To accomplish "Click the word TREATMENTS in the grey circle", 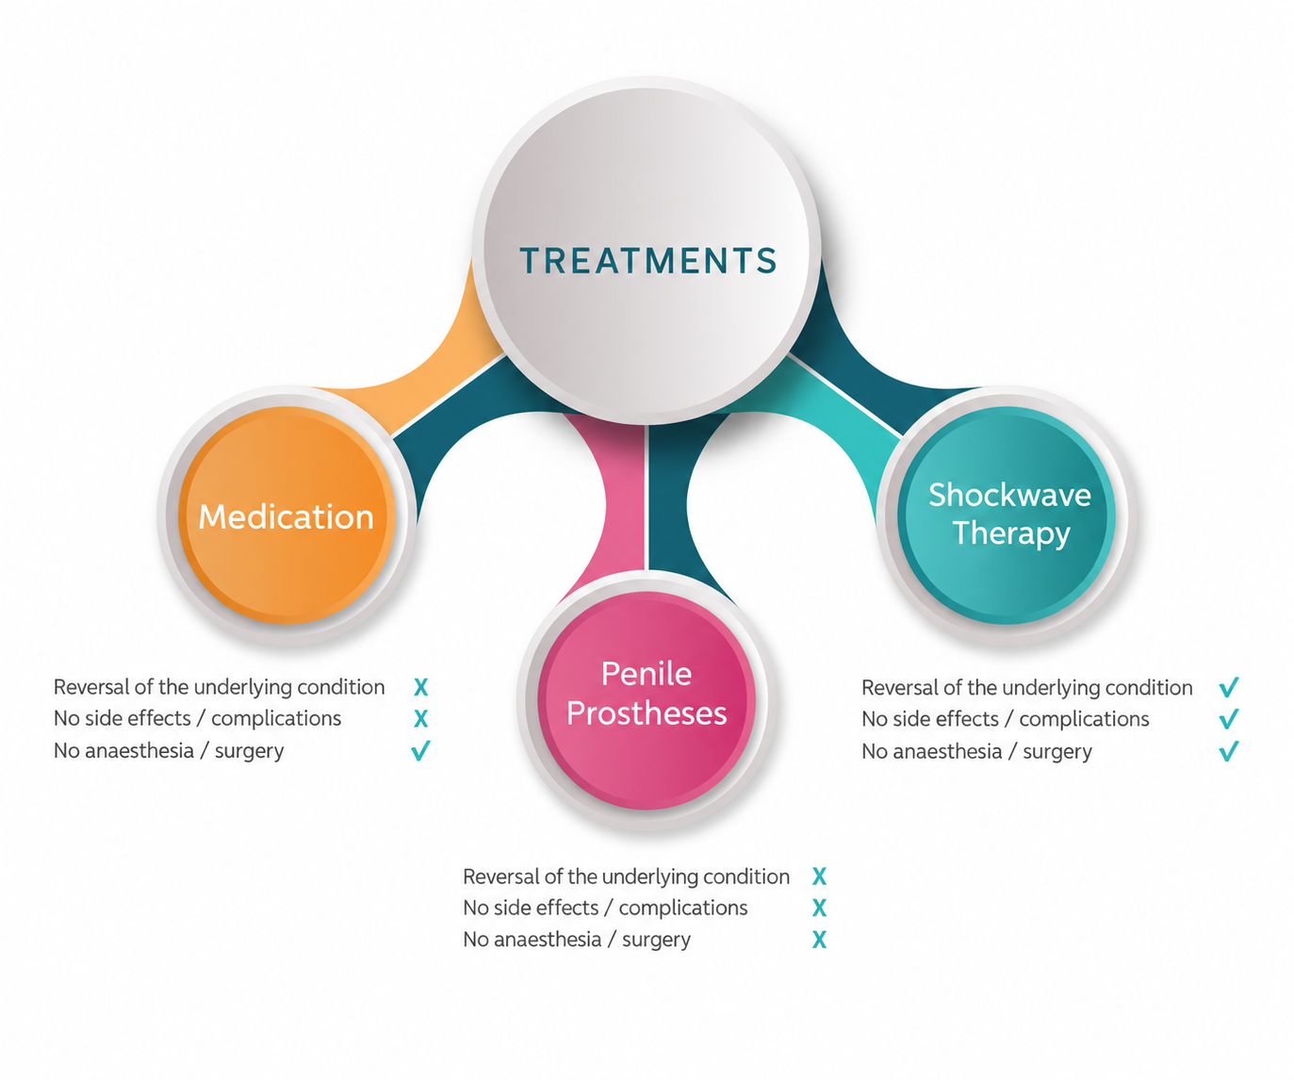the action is coord(647,260).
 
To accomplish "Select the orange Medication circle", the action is coord(287,515).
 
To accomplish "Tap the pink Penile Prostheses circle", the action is coord(647,700).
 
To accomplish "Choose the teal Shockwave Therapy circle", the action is coord(1007,515).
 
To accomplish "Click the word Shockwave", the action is coord(1009,495).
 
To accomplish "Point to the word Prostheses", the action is coord(647,714).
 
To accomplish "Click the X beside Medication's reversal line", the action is coord(420,687).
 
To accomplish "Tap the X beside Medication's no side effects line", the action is coord(420,719).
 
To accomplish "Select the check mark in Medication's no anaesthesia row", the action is coord(420,750).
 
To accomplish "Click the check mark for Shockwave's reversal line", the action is coord(1228,687).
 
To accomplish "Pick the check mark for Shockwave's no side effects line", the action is coord(1228,719).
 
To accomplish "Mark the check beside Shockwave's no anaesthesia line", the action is coord(1228,751).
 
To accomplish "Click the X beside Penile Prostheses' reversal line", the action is coord(819,876).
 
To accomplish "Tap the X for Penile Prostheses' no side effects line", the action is coord(819,908).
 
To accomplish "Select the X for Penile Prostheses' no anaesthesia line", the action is coord(819,940).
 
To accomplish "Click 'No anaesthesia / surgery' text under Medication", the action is coord(169,751).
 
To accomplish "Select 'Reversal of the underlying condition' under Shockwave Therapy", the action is coord(1027,688).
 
